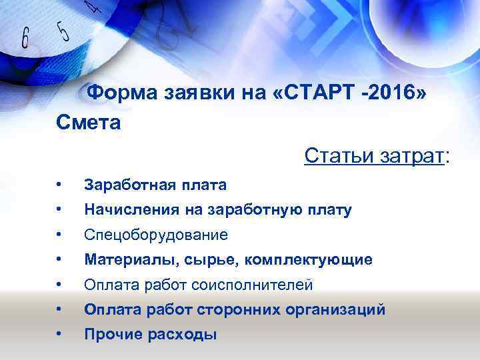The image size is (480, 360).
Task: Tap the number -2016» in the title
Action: pyautogui.click(x=393, y=93)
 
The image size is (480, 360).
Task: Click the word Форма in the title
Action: pyautogui.click(x=123, y=93)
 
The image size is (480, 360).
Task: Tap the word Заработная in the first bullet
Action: pyautogui.click(x=127, y=185)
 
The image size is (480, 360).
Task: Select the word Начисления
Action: pyautogui.click(x=133, y=210)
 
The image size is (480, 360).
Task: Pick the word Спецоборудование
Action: pyautogui.click(x=155, y=235)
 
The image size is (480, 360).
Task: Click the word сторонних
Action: pyautogui.click(x=223, y=310)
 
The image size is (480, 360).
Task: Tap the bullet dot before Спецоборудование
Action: pyautogui.click(x=60, y=235)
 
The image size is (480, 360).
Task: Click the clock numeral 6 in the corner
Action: pyautogui.click(x=25, y=38)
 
